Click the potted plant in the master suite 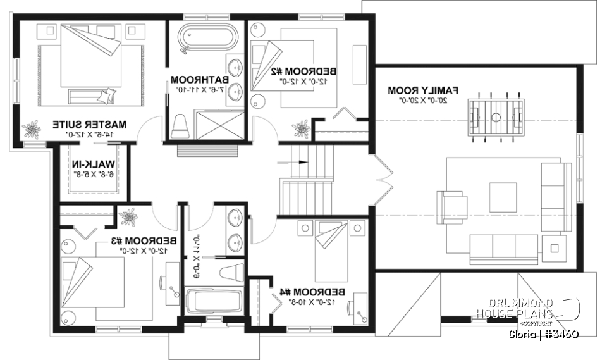pyautogui.click(x=30, y=130)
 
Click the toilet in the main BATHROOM pyautogui.click(x=180, y=125)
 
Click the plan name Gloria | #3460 pyautogui.click(x=544, y=333)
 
